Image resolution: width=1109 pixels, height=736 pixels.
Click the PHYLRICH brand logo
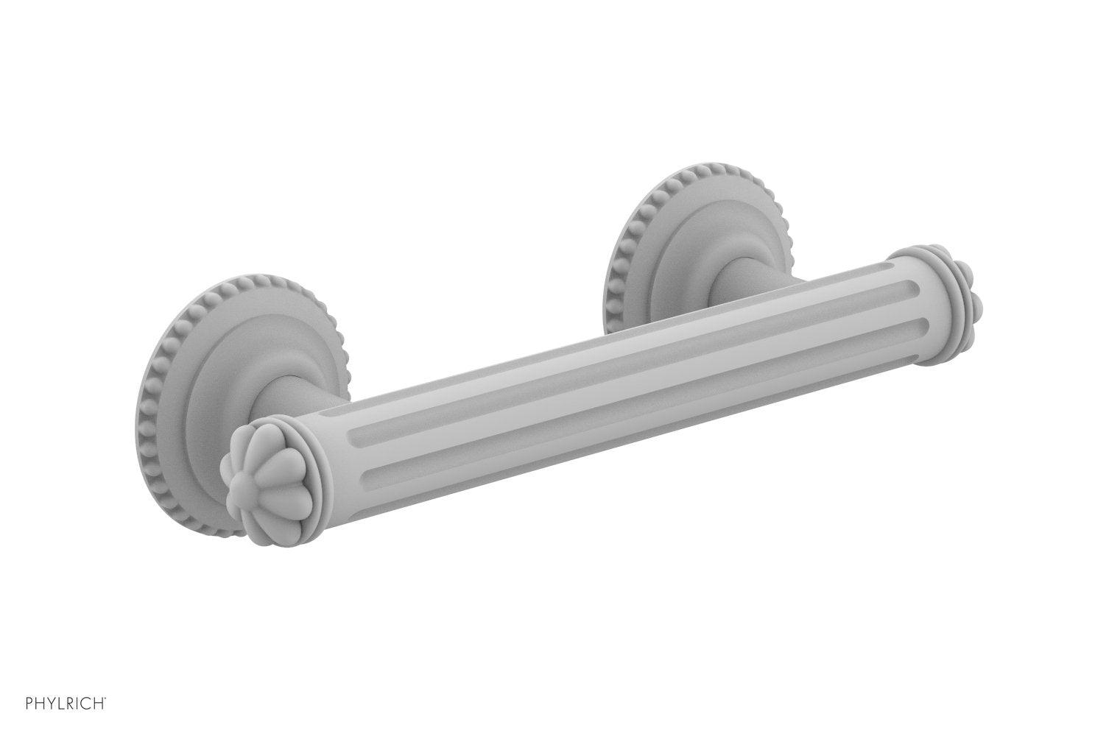pyautogui.click(x=57, y=712)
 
